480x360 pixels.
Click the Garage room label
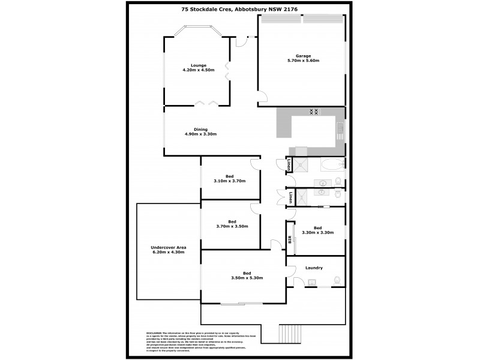tap(302, 56)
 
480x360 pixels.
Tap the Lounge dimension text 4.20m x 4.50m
tap(199, 70)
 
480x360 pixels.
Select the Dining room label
tap(200, 129)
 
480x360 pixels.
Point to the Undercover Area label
tap(169, 248)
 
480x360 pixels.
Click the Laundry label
tap(314, 268)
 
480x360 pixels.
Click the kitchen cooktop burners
tap(314, 111)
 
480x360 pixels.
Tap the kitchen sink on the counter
tap(340, 128)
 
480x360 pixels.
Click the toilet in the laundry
tap(337, 279)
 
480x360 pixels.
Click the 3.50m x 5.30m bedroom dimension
tap(248, 278)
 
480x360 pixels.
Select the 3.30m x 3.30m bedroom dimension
tap(317, 232)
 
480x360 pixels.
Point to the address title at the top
tap(240, 10)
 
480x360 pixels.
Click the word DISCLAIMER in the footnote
tap(154, 332)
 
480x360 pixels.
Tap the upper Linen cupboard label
tap(289, 164)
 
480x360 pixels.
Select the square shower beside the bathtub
tap(304, 165)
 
